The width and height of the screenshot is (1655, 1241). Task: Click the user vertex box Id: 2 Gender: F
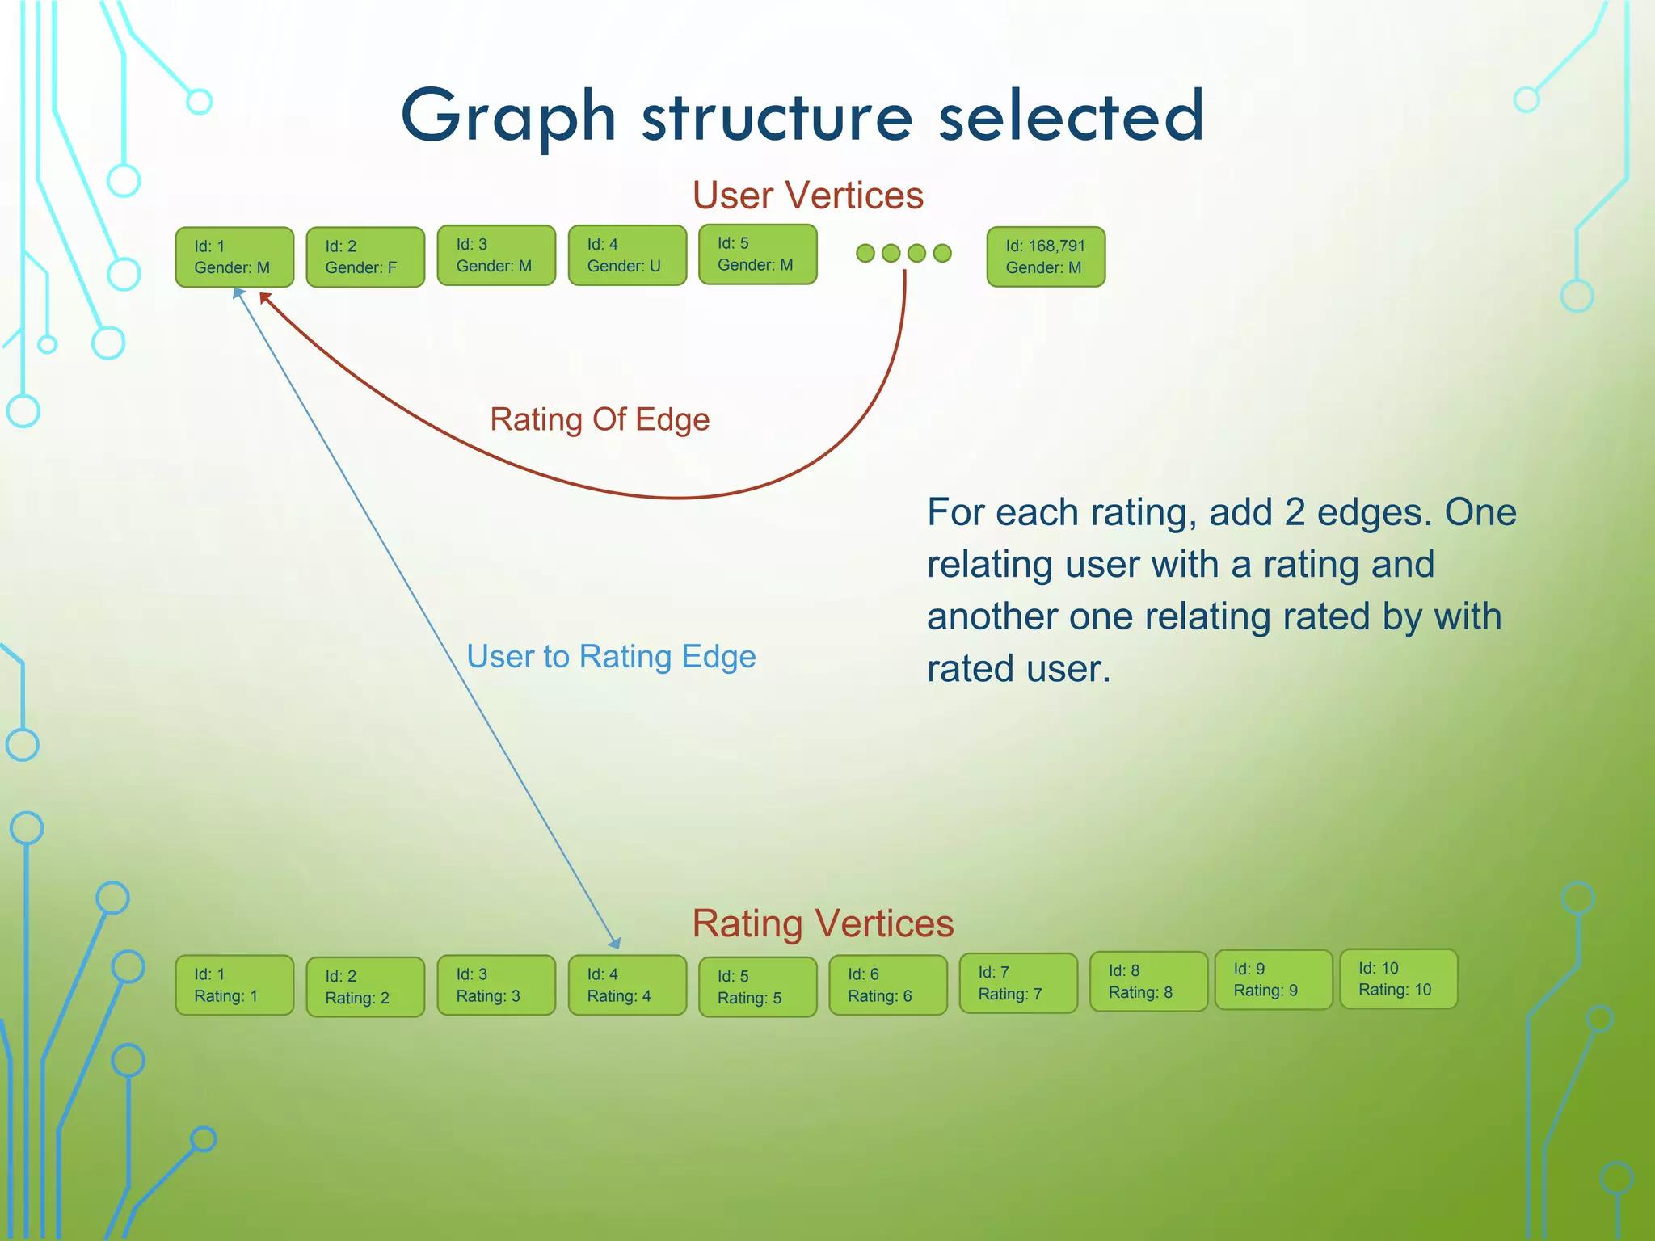[365, 257]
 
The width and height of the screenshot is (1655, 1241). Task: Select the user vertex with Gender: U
[627, 255]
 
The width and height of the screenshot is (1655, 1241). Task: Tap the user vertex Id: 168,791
[1046, 257]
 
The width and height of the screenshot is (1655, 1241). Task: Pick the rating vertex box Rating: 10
[1398, 979]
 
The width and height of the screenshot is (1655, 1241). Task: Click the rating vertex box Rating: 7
[1018, 983]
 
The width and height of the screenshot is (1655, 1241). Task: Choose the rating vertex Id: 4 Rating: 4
[627, 985]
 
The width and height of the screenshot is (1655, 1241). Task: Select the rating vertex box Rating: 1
[234, 985]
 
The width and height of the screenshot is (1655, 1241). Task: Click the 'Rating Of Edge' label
[600, 419]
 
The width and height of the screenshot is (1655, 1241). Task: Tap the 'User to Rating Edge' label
[611, 656]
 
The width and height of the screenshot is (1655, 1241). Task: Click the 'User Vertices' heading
[807, 196]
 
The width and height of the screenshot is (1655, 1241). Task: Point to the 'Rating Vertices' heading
[823, 923]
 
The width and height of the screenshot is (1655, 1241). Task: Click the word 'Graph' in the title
[509, 117]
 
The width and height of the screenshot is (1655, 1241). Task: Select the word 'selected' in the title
[1071, 117]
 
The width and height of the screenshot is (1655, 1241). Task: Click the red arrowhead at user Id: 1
[265, 299]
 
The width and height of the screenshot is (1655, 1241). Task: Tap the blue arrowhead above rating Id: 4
[616, 943]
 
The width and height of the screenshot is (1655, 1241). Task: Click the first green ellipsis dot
[865, 253]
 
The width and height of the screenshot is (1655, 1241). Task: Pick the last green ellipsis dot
[942, 253]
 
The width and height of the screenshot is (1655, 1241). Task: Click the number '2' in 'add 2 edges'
[1295, 512]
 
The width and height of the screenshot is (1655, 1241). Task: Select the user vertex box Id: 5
[757, 255]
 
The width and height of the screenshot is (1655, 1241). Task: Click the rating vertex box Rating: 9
[1273, 980]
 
